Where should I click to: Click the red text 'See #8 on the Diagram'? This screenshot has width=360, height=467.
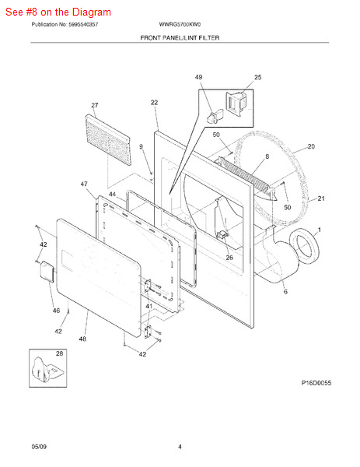tap(58, 12)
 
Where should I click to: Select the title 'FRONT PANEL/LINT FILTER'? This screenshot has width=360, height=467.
tap(180, 37)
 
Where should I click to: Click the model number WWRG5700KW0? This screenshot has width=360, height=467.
tap(180, 25)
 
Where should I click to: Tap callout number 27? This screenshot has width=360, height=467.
tap(95, 105)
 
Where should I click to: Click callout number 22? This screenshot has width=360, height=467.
tap(154, 103)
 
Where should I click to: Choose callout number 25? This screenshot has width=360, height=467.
tap(257, 78)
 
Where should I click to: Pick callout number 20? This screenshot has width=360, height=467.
tap(311, 146)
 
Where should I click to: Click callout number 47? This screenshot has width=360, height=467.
tap(84, 184)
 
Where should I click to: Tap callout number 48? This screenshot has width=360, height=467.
tap(82, 339)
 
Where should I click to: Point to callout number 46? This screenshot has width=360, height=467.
tap(56, 311)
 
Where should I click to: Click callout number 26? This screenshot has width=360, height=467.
tap(229, 258)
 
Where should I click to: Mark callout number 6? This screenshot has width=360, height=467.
tap(285, 292)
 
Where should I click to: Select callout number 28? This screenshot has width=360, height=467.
tap(59, 354)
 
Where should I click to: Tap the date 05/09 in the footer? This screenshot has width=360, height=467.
tap(39, 446)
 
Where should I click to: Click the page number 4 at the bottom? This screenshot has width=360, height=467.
tap(180, 446)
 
